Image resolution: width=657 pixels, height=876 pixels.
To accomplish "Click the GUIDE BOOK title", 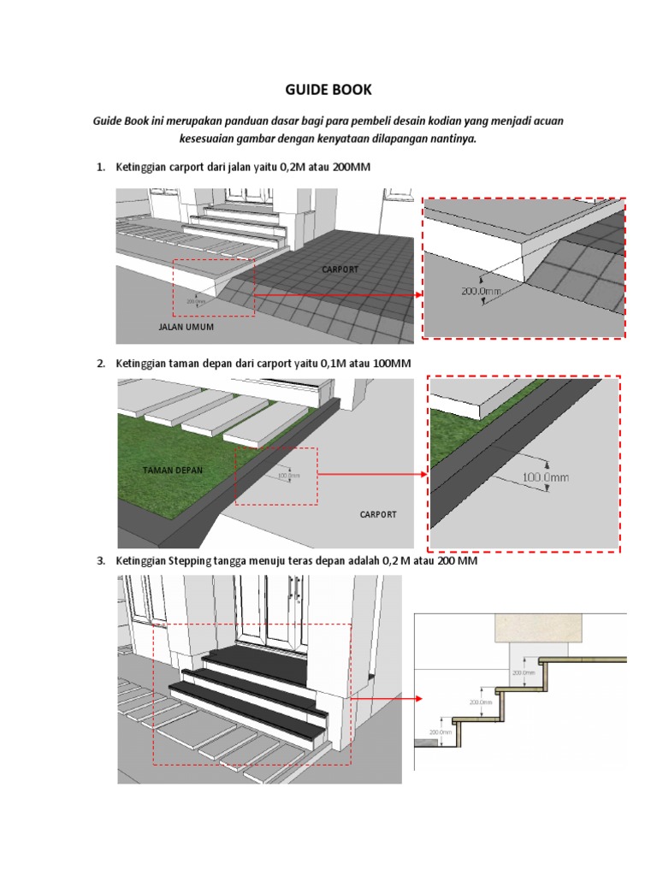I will [328, 90].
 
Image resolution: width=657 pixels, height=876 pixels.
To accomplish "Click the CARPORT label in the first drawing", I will [340, 269].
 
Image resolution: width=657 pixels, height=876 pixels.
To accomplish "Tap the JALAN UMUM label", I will [186, 327].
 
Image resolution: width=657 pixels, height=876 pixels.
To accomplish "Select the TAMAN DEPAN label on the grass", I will [172, 471].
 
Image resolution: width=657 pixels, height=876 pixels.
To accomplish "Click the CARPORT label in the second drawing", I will [378, 515].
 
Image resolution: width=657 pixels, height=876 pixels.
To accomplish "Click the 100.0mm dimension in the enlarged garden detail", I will [544, 476].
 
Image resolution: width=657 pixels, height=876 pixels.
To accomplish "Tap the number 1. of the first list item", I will [100, 167].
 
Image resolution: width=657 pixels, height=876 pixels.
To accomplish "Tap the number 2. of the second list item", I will [100, 364].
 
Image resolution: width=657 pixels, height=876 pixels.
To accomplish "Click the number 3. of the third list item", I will [100, 561].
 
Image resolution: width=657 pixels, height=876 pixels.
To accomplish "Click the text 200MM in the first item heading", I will [352, 167].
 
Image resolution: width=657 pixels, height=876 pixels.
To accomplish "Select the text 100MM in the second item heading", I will [393, 364].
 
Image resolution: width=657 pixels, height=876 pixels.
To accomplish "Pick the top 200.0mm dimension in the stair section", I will [523, 672].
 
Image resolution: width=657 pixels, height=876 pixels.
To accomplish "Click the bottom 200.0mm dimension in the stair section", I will [440, 731].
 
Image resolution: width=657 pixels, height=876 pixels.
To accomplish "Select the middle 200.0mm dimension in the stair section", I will [482, 702].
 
